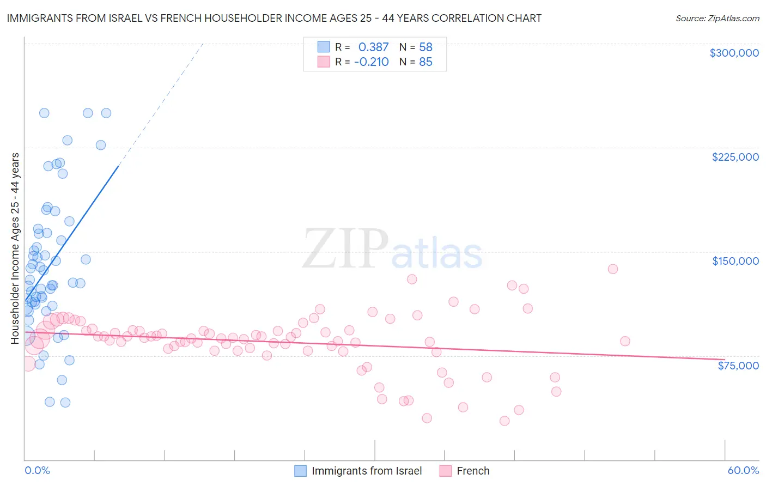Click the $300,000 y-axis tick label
tap(734, 53)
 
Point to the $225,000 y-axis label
tap(735, 157)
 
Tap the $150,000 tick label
tap(735, 261)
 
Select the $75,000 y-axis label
tap(738, 365)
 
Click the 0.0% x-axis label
tap(37, 470)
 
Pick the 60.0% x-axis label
tap(743, 470)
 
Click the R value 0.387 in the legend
tap(373, 47)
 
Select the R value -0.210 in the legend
tap(371, 62)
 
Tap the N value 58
tap(425, 47)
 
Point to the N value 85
tap(425, 62)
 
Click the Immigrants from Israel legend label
tap(367, 471)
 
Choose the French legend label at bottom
tap(473, 471)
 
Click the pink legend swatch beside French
tap(446, 471)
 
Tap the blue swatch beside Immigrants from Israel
tap(301, 471)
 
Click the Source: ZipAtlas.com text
tap(717, 19)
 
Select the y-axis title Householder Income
tap(15, 248)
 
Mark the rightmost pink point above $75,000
tap(625, 341)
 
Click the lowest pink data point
tap(504, 421)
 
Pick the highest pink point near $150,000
tap(613, 269)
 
